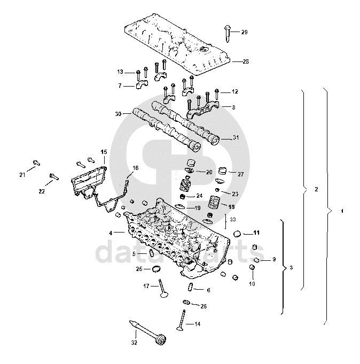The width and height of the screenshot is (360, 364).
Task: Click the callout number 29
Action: tap(244, 33)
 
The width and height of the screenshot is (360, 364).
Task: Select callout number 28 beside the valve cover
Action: tap(246, 61)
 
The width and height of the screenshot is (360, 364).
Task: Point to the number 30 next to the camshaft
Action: tap(119, 114)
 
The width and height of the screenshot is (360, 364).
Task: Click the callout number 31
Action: tap(236, 138)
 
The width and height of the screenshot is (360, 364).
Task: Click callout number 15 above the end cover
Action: tap(104, 152)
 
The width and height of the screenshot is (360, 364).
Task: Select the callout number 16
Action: tap(135, 168)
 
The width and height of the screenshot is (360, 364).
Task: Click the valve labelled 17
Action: tap(162, 288)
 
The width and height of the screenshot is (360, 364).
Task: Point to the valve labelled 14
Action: tap(182, 319)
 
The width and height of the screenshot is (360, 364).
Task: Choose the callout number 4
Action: tap(111, 233)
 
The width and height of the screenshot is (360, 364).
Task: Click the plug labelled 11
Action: tap(239, 233)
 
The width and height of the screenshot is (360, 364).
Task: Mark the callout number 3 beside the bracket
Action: tap(291, 267)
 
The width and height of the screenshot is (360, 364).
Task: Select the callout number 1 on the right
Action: tap(341, 211)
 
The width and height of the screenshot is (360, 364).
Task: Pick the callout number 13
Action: tap(120, 72)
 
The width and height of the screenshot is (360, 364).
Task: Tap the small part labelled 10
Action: tap(252, 267)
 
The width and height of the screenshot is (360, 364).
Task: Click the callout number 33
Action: tap(232, 219)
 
